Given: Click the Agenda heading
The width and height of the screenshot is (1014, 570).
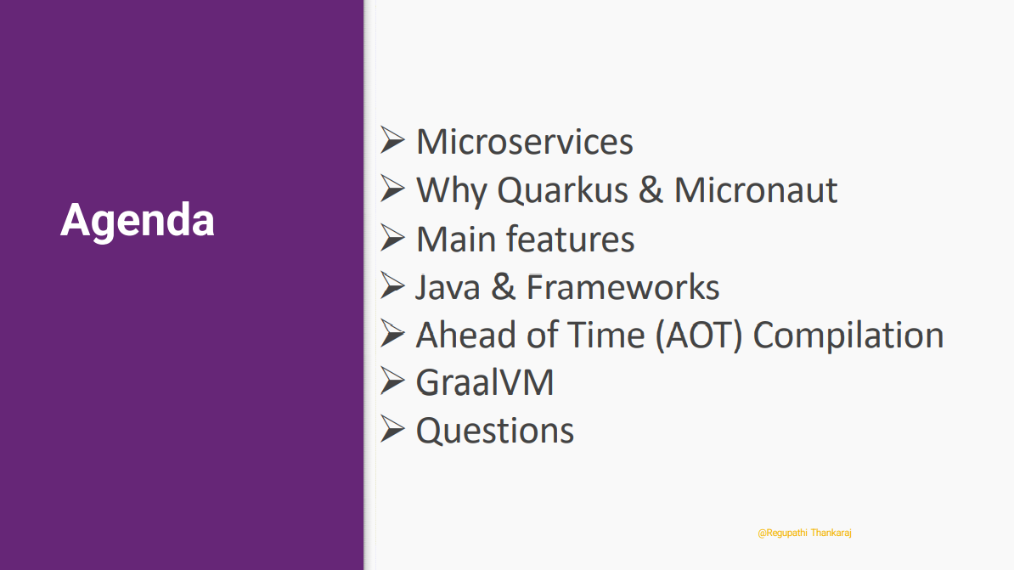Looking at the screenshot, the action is (x=137, y=221).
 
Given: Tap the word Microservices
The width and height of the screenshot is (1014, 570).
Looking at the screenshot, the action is (x=525, y=142).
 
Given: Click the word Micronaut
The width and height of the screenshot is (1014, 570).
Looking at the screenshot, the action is (x=755, y=190).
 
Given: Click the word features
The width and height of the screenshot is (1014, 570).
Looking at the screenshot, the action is (x=570, y=239).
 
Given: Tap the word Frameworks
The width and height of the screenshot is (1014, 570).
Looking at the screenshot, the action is (x=622, y=287).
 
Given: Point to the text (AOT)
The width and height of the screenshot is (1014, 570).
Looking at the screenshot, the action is (x=698, y=336).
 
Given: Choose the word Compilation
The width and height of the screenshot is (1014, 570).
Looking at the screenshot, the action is (x=848, y=336).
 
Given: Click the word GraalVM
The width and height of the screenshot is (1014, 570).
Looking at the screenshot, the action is (x=485, y=382).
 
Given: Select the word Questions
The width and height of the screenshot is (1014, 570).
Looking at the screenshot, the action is (x=495, y=431).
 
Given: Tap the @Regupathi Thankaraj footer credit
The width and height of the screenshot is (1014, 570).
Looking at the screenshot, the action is (x=804, y=533).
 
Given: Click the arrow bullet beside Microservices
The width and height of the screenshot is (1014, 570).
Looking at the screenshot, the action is (x=392, y=140).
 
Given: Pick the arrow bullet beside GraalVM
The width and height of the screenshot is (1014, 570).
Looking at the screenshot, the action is (x=392, y=381).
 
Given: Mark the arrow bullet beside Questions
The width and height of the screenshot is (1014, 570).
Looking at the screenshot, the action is (x=392, y=429).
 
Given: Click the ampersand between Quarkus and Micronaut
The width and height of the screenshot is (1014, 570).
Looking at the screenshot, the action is (x=651, y=190).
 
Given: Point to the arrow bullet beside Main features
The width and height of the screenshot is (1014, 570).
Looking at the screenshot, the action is (x=392, y=238).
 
